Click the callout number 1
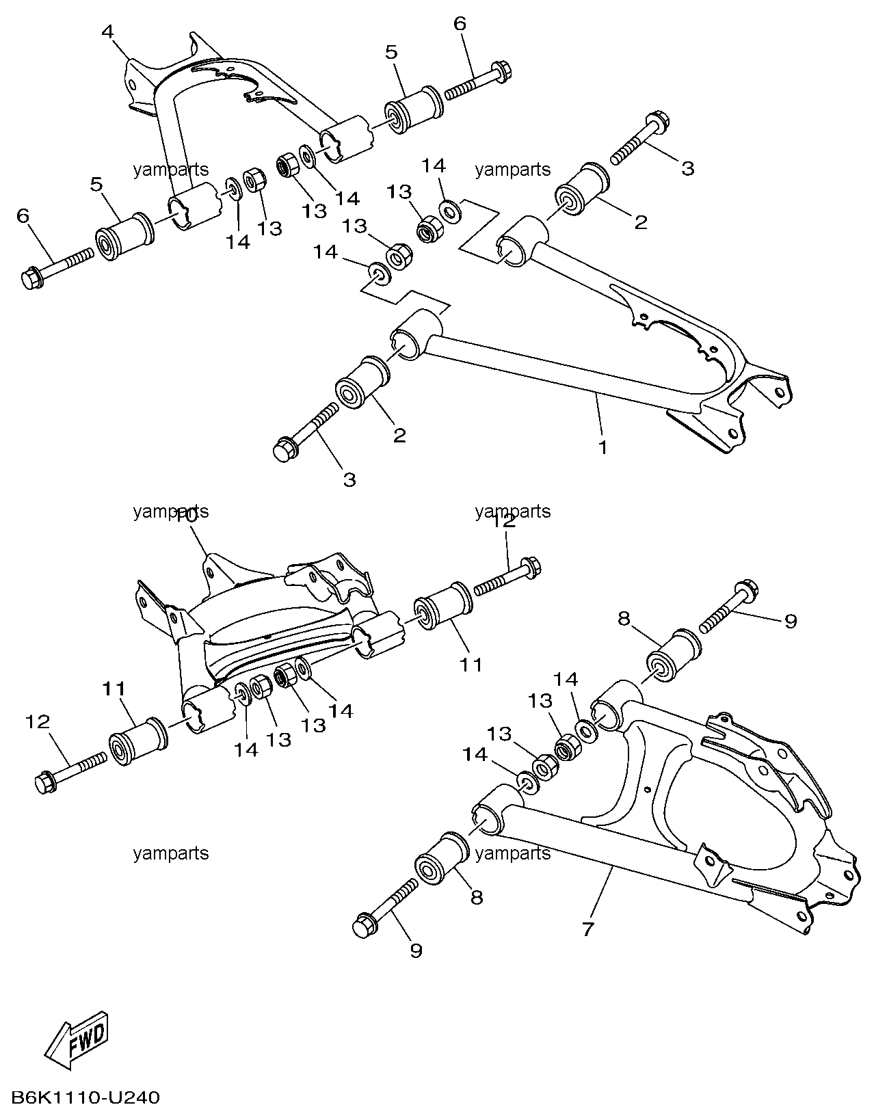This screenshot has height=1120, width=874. pyautogui.click(x=602, y=447)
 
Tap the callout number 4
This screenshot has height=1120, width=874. pyautogui.click(x=107, y=32)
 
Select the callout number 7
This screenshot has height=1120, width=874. pyautogui.click(x=588, y=929)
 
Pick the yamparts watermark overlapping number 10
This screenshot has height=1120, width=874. pyautogui.click(x=170, y=511)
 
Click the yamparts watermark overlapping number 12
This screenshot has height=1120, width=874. pyautogui.click(x=513, y=511)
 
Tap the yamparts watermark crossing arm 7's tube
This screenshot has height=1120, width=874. pyautogui.click(x=513, y=853)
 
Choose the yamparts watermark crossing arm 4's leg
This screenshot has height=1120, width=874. pyautogui.click(x=170, y=170)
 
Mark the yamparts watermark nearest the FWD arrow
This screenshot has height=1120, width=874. pyautogui.click(x=170, y=853)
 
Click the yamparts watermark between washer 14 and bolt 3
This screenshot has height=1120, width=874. pyautogui.click(x=513, y=170)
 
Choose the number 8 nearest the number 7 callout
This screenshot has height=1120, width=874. pyautogui.click(x=477, y=897)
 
